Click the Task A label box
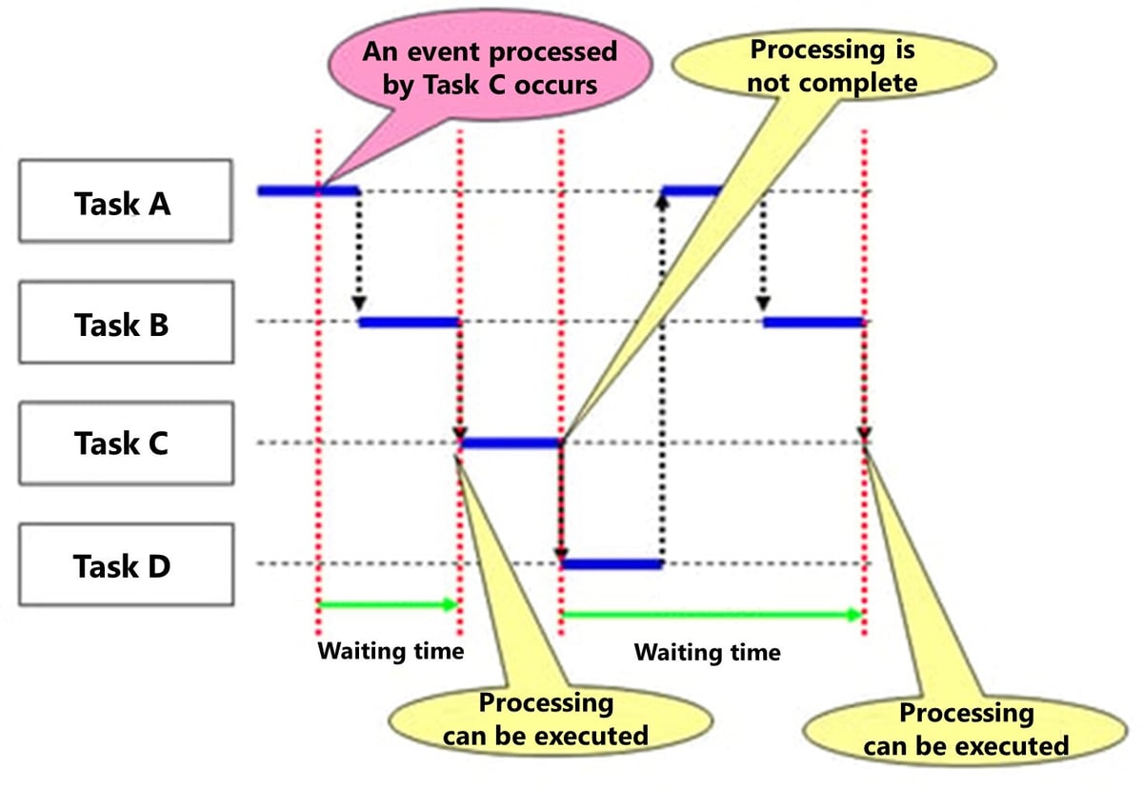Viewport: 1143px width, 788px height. point(125,201)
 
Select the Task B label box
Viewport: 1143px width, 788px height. point(125,323)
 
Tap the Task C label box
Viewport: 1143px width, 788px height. point(125,443)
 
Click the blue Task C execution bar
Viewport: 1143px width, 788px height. point(511,443)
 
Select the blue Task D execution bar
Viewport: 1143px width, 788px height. point(611,564)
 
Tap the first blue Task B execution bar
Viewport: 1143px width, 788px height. point(410,323)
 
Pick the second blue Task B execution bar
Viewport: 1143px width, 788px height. point(813,323)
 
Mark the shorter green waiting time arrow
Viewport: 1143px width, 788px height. point(388,603)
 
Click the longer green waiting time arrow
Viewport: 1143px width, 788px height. point(711,615)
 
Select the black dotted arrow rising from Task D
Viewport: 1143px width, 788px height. point(661,381)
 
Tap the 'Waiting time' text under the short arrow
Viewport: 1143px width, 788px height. point(390,651)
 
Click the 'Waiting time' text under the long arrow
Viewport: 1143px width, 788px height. point(707,652)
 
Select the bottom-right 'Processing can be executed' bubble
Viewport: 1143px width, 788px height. point(965,729)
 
